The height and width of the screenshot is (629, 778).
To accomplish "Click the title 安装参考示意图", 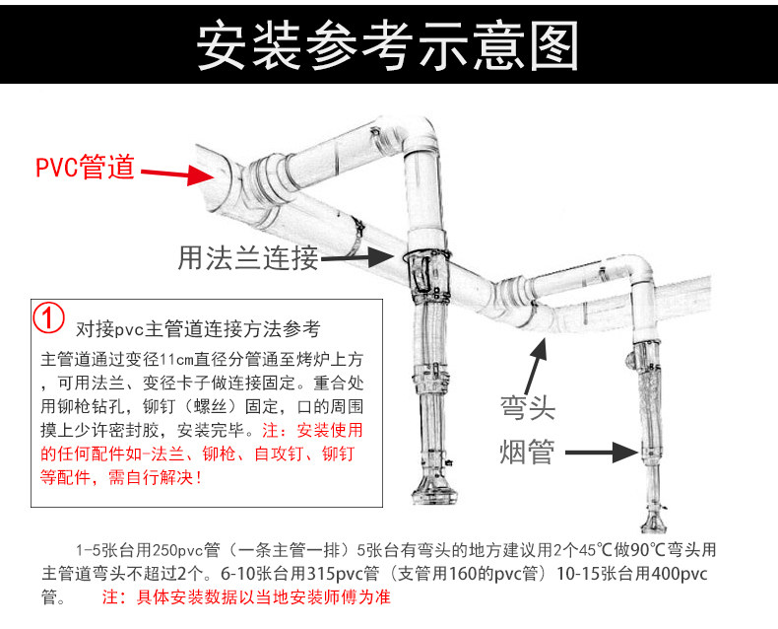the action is (x=387, y=44).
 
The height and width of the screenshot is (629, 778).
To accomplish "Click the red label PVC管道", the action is (x=86, y=167).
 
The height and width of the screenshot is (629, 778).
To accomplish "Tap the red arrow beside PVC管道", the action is (x=177, y=174).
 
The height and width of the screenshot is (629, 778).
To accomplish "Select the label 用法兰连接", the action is (x=247, y=257).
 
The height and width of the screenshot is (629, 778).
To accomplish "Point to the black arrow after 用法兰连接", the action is (x=357, y=257).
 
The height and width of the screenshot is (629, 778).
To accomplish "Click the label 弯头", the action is (x=527, y=407).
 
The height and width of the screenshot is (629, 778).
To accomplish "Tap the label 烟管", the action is (x=527, y=452).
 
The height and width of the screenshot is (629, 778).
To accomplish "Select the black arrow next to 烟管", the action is (x=602, y=453).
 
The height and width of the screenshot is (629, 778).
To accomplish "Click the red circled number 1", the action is (x=48, y=317).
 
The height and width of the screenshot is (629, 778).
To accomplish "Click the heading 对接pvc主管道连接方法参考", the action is (x=198, y=328).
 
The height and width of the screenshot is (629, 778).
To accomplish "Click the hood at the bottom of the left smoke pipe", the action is (x=434, y=492).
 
